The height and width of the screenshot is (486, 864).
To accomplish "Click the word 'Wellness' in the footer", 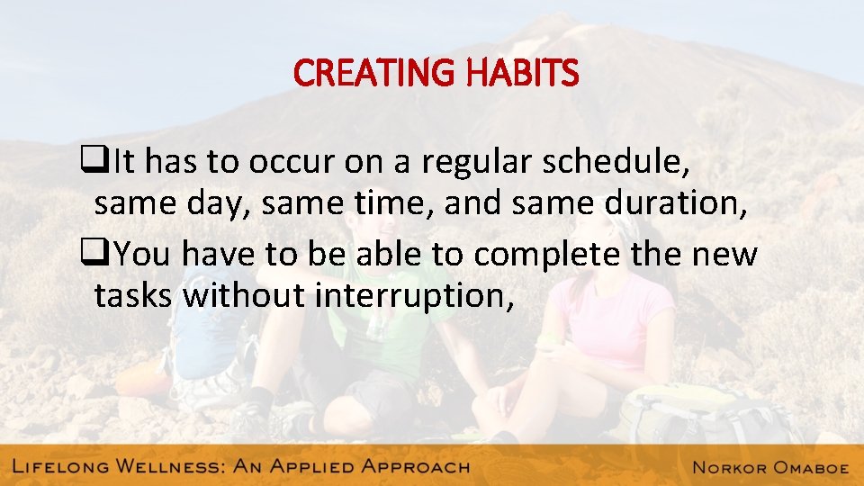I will click(x=168, y=466).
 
